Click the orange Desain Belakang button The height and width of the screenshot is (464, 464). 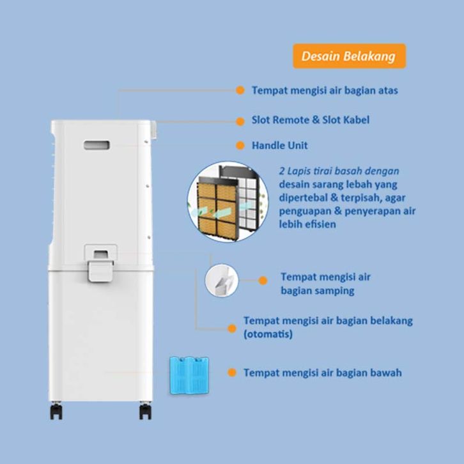coord(348,56)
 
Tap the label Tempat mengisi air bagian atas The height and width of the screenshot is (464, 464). coord(325,91)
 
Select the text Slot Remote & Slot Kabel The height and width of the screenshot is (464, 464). coord(311,120)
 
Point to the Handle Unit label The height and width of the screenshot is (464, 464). coord(279,146)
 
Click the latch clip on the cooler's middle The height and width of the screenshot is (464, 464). coord(99,263)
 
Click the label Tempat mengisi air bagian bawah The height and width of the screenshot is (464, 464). coord(322,373)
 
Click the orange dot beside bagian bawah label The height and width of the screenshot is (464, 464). coord(232,373)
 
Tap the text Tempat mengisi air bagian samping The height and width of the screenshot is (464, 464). coord(325,284)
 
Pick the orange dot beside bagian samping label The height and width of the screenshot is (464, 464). coord(262,280)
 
